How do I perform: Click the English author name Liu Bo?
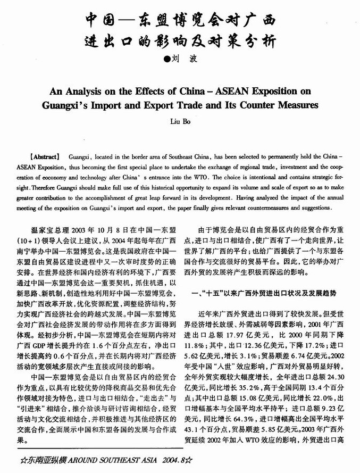(180, 121)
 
